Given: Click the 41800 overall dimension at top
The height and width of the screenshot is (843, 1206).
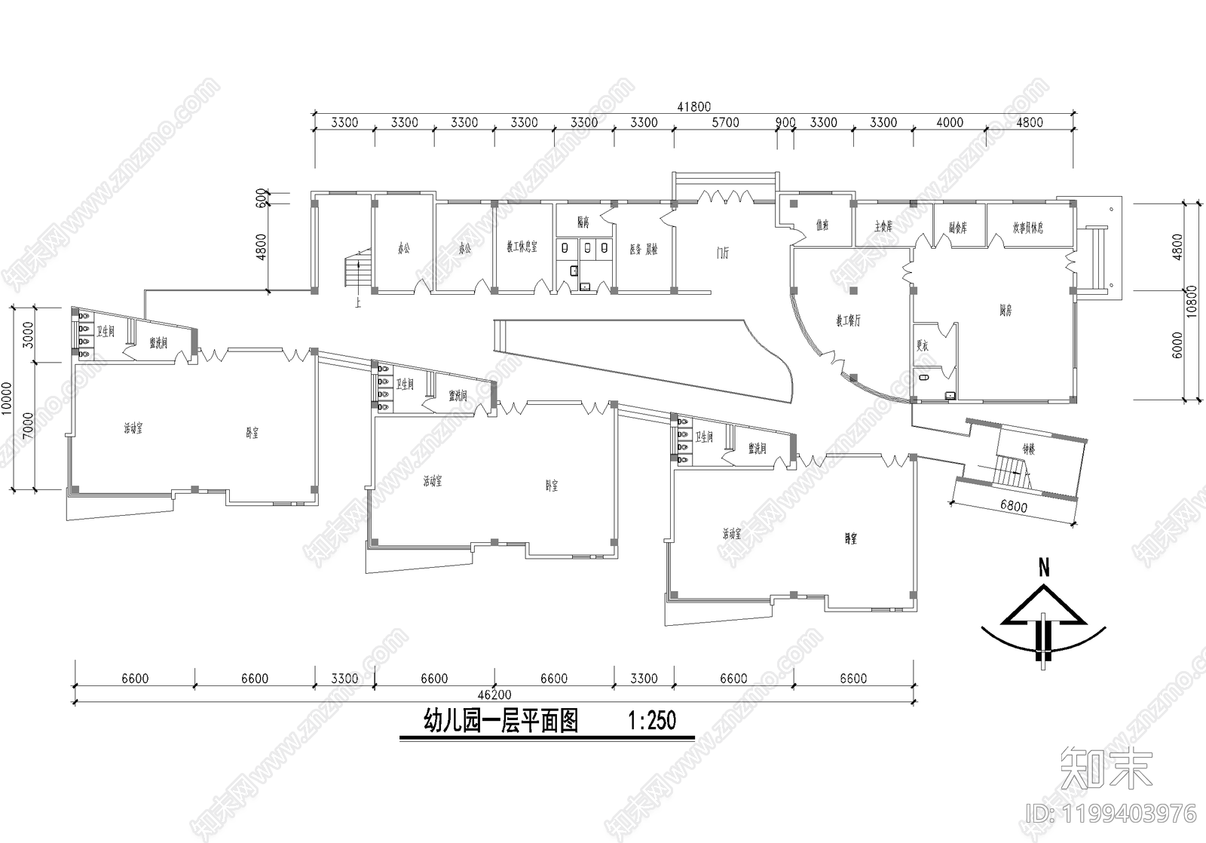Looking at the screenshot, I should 693,107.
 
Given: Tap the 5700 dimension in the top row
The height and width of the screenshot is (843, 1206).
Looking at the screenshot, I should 725,122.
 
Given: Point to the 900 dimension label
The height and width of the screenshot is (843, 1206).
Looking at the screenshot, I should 785,122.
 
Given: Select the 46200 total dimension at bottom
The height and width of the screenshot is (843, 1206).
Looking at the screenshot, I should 494,694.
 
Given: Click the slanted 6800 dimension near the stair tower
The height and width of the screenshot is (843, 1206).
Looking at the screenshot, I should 1013,507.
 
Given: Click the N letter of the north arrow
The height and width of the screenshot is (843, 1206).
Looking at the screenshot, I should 1044,569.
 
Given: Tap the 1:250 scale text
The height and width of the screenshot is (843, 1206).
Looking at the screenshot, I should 652,721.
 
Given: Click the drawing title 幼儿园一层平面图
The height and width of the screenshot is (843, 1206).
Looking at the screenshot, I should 501,721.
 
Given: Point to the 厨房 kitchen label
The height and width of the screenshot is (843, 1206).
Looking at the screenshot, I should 1005,310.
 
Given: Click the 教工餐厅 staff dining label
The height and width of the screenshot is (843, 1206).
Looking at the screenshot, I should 848,320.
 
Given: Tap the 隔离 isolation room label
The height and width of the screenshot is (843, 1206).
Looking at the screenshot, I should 583,222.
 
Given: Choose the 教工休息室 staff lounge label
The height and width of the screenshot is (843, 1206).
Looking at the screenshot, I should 522,247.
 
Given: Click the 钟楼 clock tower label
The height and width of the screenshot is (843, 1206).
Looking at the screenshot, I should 1029,449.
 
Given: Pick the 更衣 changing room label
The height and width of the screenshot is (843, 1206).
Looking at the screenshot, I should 922,345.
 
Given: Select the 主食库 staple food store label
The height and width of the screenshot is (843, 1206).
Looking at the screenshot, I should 883,226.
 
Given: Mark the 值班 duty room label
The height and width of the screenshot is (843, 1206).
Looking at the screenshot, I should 822,225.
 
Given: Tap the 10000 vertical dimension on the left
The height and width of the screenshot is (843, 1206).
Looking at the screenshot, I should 7,398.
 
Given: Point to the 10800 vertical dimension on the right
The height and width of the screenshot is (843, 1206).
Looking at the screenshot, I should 1192,301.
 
